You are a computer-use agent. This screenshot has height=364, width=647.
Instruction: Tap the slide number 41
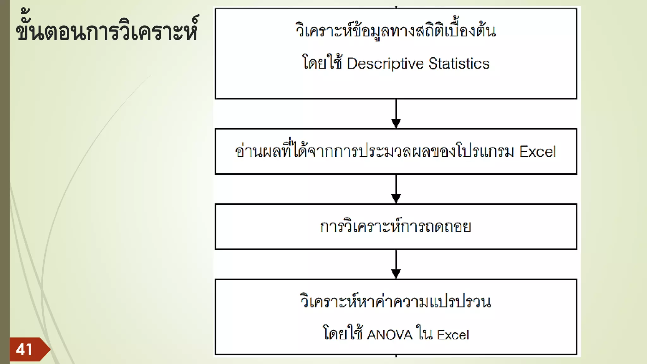coord(24,349)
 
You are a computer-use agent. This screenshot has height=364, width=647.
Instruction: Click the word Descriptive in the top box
coord(385,64)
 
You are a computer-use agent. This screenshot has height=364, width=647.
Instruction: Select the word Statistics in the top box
coord(459,64)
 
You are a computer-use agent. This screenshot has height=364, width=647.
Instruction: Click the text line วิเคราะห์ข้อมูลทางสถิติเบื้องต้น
coord(396,31)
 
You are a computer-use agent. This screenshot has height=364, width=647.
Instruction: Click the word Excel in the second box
coord(537,152)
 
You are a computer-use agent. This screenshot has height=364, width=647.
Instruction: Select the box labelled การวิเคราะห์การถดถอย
coord(396,227)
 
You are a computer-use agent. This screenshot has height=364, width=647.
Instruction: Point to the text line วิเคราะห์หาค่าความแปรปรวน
coord(396,301)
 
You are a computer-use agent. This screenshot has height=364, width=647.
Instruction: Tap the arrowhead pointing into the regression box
coord(396,198)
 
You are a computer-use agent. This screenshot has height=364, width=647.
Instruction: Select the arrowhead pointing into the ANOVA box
coord(396,274)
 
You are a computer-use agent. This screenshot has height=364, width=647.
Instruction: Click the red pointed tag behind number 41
coord(44,349)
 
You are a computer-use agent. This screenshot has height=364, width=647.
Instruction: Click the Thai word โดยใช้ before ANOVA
coord(342,333)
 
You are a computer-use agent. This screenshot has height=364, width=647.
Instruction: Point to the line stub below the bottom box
coord(396,356)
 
